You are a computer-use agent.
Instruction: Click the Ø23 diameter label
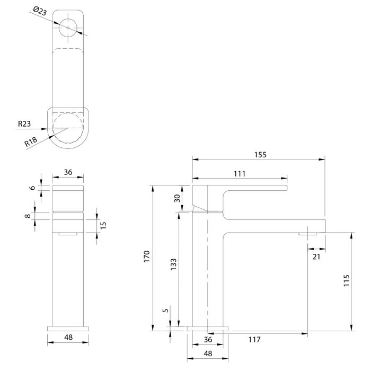click(x=40, y=11)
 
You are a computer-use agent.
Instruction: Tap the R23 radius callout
click(x=24, y=123)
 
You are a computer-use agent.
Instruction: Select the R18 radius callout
click(x=31, y=142)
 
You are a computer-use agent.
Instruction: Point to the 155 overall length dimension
click(x=260, y=155)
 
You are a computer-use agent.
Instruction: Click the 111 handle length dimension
click(x=240, y=174)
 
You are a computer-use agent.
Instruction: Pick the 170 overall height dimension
click(x=147, y=256)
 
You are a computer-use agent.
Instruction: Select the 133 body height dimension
click(x=173, y=264)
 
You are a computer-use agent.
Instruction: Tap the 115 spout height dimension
click(x=347, y=280)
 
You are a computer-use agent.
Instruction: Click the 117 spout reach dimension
click(x=254, y=340)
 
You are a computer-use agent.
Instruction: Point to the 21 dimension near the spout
click(x=316, y=257)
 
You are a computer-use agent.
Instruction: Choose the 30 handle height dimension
click(x=177, y=198)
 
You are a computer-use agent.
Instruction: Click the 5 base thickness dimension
click(x=166, y=310)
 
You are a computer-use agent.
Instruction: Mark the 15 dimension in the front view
click(x=103, y=225)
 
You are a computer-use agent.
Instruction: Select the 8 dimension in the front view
click(x=28, y=216)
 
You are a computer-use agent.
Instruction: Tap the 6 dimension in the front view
click(x=32, y=188)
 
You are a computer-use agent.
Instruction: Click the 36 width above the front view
click(x=68, y=172)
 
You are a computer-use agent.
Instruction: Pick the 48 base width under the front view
click(x=68, y=337)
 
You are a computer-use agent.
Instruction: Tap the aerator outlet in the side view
click(x=307, y=234)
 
